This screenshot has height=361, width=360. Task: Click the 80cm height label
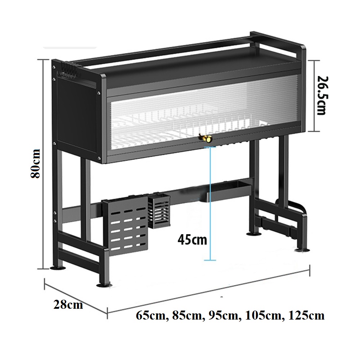[35, 163]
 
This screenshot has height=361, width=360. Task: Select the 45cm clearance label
[192, 240]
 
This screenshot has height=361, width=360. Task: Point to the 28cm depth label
[68, 304]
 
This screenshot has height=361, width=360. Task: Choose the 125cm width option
[306, 315]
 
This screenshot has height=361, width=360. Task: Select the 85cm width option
[187, 316]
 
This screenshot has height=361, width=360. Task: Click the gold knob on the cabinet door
[206, 139]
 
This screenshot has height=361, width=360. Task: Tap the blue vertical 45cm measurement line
[210, 204]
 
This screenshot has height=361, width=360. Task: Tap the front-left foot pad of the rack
[104, 285]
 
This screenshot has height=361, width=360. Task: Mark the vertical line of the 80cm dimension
[44, 164]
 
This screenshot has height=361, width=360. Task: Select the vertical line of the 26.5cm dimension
[314, 96]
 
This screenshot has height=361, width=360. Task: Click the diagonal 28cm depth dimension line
[76, 297]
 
